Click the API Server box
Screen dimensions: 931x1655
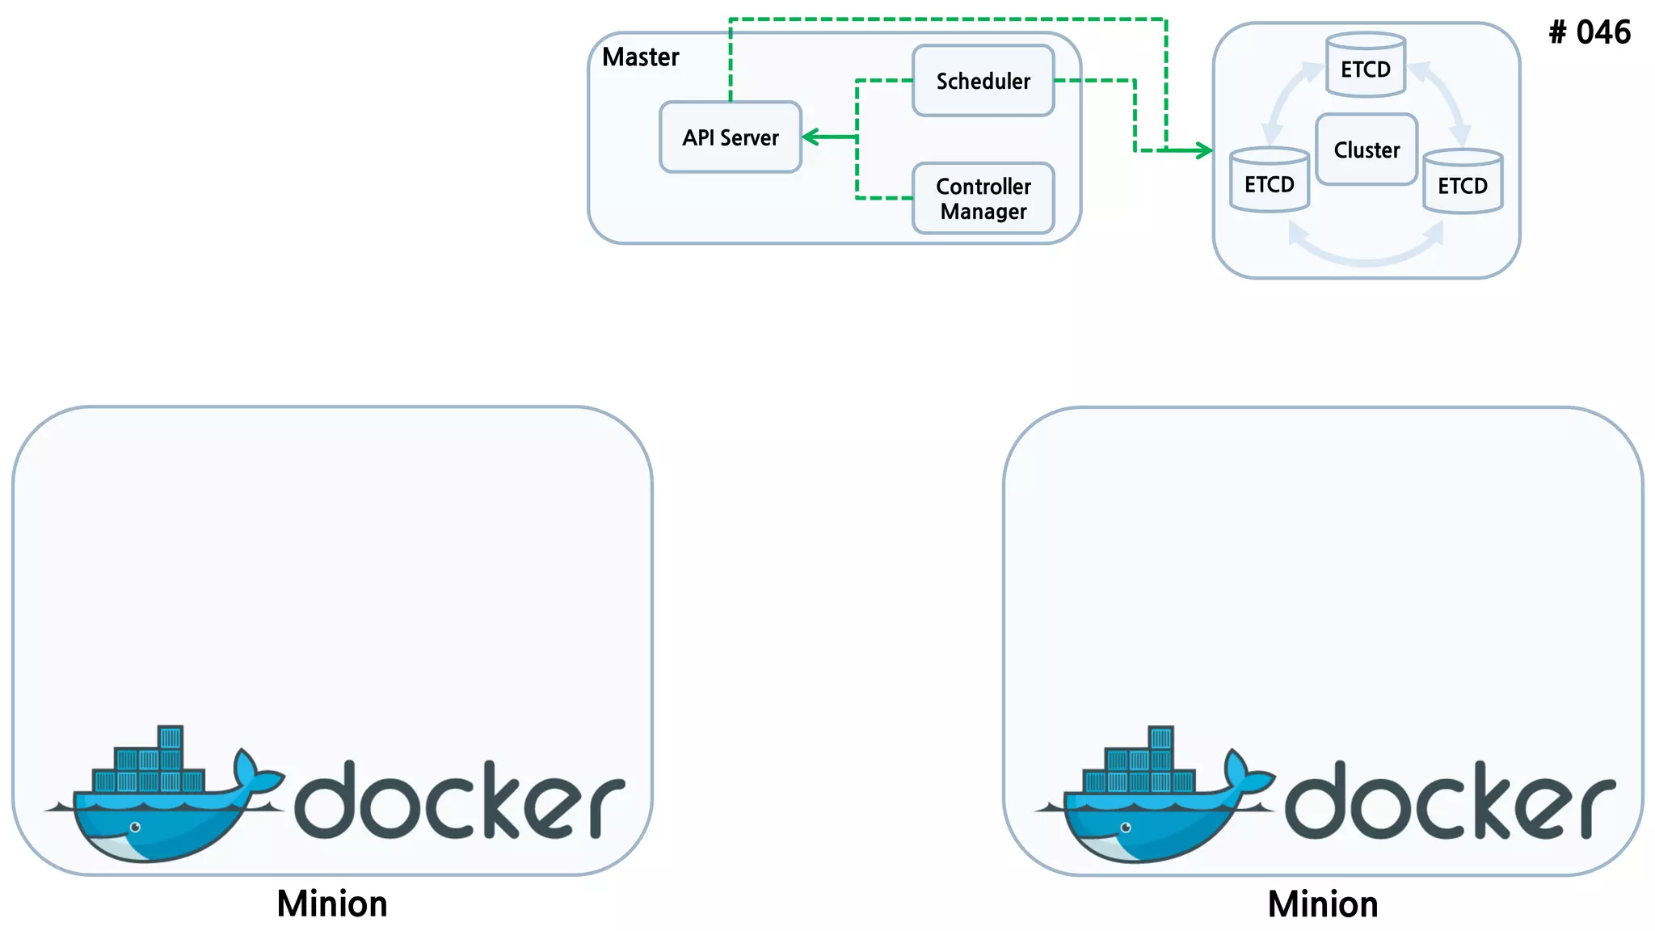(x=731, y=137)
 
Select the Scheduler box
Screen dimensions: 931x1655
(x=983, y=81)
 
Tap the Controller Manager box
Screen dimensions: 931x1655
(x=983, y=199)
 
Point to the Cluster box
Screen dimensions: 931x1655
(x=1367, y=150)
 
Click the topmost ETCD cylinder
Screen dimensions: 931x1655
(x=1366, y=65)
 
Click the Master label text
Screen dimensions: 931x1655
(x=641, y=57)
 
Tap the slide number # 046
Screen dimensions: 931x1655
(x=1590, y=32)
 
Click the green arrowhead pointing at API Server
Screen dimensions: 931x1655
(x=809, y=137)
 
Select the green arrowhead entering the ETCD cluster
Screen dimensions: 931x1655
(x=1205, y=150)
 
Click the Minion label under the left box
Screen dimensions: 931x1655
(x=332, y=904)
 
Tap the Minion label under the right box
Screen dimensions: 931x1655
(x=1323, y=904)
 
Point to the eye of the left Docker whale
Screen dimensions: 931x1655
(x=136, y=827)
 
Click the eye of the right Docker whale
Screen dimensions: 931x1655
(x=1126, y=828)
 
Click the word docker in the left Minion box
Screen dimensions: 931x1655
(x=459, y=801)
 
